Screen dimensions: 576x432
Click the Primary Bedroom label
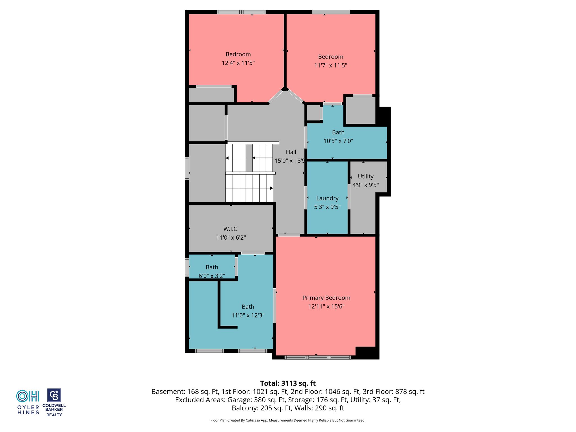tap(326, 298)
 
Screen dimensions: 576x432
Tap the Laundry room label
tap(327, 198)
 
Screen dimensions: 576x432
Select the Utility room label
tap(366, 176)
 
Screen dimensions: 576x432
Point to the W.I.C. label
tap(231, 229)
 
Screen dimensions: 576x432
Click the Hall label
tap(291, 152)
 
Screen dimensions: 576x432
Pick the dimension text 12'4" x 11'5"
tap(238, 63)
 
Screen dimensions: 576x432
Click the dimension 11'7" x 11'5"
tap(330, 65)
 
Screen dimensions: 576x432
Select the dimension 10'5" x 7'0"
tap(338, 141)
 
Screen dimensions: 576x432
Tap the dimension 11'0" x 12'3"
tap(248, 315)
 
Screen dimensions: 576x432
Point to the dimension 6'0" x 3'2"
tap(212, 276)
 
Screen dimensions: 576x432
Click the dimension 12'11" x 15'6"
tap(326, 306)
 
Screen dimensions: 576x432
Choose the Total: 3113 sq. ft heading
tap(288, 383)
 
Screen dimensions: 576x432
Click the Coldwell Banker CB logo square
tap(54, 395)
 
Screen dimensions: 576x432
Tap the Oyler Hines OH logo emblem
tap(28, 396)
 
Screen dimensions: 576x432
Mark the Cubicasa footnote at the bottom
tap(288, 420)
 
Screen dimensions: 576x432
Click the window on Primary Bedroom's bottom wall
tap(318, 357)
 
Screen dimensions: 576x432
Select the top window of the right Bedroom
tap(331, 12)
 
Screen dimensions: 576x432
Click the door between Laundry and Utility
tap(349, 197)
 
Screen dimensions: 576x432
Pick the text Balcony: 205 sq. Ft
tap(262, 408)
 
